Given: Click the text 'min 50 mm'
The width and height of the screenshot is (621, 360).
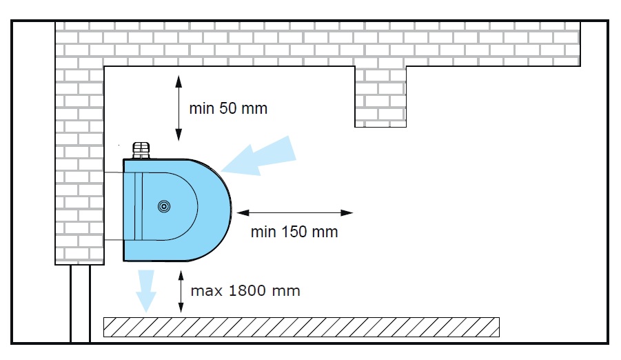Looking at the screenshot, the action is (x=228, y=108).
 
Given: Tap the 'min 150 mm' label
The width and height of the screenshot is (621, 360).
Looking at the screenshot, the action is (x=294, y=232).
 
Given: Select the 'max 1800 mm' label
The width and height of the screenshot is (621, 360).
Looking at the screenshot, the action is (x=245, y=290).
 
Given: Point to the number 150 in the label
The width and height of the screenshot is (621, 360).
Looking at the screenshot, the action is (x=294, y=232).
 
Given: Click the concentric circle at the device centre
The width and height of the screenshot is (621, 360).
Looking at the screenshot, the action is (x=164, y=207).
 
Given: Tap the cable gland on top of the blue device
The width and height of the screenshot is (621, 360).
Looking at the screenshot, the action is (x=141, y=150).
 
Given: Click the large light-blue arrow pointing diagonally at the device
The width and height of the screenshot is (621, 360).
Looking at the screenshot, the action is (x=258, y=157).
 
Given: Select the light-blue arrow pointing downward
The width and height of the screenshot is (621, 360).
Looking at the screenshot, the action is (x=145, y=291).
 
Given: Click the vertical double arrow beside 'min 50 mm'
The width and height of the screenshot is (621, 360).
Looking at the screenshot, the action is (x=179, y=108).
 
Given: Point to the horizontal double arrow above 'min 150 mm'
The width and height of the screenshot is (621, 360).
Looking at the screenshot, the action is (x=295, y=213).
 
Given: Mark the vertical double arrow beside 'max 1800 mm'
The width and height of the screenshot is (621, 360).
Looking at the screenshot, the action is (x=181, y=292).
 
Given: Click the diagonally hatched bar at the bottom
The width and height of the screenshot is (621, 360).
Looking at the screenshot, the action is (x=301, y=327).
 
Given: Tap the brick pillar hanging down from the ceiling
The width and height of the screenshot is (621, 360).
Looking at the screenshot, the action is (x=380, y=97).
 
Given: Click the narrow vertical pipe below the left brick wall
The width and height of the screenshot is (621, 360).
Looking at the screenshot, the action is (x=81, y=303).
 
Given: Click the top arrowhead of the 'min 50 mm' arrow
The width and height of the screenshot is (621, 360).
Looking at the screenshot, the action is (x=179, y=81).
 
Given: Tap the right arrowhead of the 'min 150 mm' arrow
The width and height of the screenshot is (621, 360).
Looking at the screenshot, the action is (x=347, y=213).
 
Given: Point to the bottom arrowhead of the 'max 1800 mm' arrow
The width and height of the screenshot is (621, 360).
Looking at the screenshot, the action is (x=181, y=308).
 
